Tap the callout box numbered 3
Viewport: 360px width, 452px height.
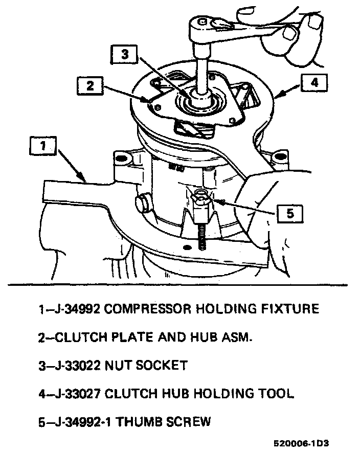click(x=125, y=54)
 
